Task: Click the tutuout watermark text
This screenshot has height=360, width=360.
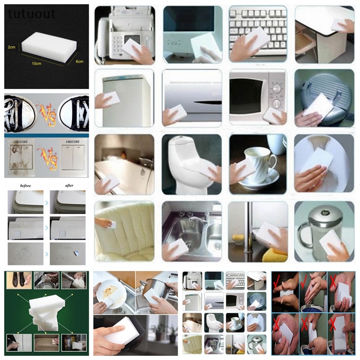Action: tap(31, 14)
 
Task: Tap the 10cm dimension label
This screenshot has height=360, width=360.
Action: tap(36, 63)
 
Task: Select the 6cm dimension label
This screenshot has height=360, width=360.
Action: tap(79, 61)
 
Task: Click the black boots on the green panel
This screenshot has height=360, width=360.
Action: tap(19, 280)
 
